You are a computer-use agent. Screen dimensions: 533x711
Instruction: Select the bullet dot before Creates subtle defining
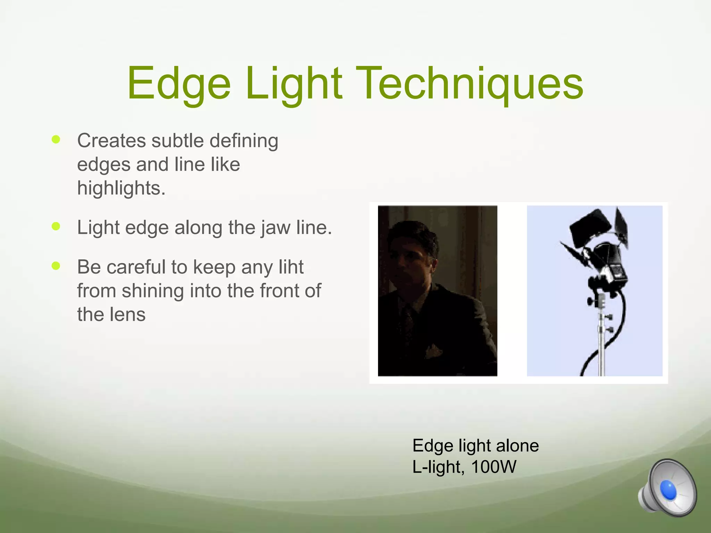pyautogui.click(x=56, y=139)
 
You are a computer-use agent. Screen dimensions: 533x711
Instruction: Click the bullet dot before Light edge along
pyautogui.click(x=56, y=227)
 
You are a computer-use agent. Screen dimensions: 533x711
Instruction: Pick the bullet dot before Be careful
pyautogui.click(x=56, y=266)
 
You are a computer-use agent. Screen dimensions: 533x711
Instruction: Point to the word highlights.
pyautogui.click(x=121, y=188)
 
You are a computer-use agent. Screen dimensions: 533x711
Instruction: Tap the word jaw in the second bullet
pyautogui.click(x=276, y=228)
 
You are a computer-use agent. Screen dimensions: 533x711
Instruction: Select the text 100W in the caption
pyautogui.click(x=494, y=467)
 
